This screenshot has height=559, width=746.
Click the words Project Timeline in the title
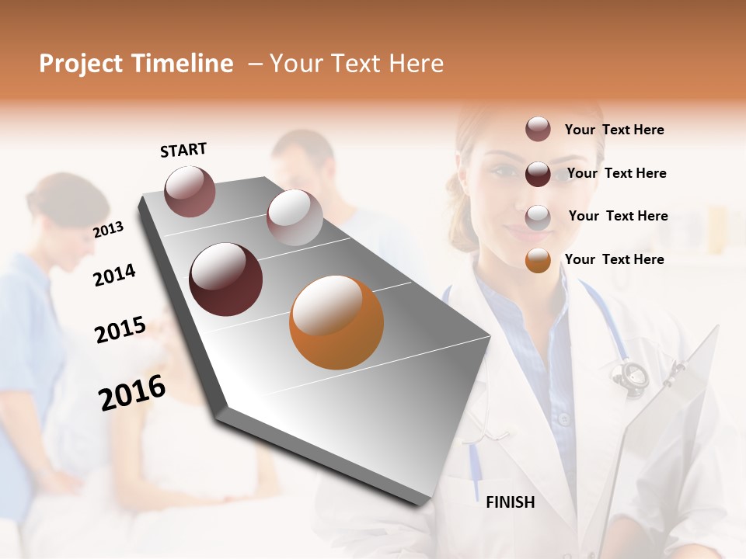(x=136, y=64)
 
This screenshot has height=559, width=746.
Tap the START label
(x=183, y=150)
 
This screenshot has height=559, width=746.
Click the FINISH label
(x=510, y=502)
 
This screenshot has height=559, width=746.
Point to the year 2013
(x=108, y=230)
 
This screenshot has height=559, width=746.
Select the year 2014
(x=114, y=275)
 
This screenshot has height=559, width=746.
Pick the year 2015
(x=120, y=330)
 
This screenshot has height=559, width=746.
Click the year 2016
(x=131, y=393)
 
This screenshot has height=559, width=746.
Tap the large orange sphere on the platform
(x=336, y=322)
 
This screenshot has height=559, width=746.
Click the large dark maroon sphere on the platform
(x=226, y=279)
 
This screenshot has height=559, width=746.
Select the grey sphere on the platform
(x=295, y=217)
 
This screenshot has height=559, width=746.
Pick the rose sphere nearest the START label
(x=190, y=191)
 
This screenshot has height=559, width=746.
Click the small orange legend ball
(x=538, y=260)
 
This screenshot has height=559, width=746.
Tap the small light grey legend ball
(x=538, y=217)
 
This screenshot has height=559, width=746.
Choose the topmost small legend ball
(x=538, y=129)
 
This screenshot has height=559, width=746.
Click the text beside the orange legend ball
(x=614, y=259)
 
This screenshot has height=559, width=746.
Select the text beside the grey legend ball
(x=618, y=216)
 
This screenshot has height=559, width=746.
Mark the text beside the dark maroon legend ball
(x=616, y=173)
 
